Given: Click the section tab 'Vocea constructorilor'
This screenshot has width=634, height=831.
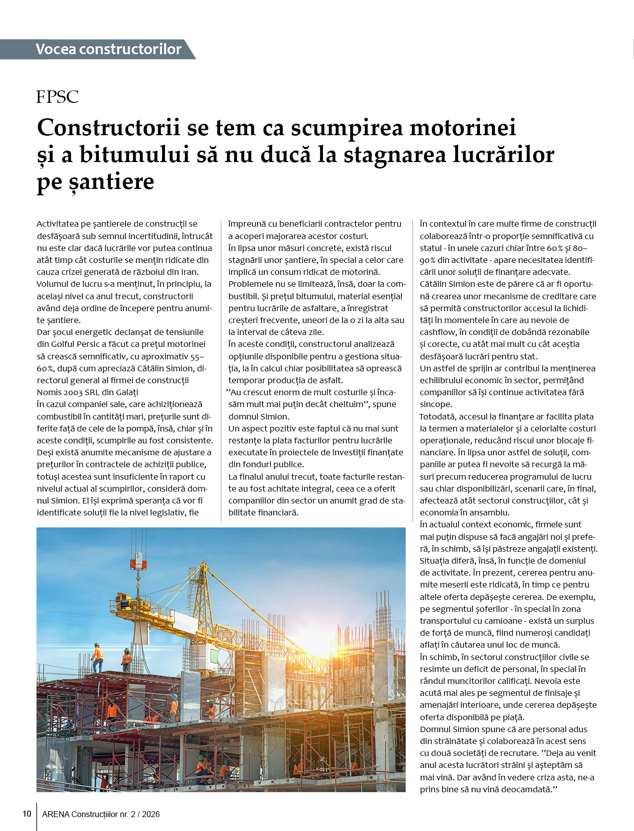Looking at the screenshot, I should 108,49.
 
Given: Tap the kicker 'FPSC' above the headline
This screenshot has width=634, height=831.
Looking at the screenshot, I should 57,96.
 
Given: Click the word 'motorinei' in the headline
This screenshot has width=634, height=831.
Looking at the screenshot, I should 463,128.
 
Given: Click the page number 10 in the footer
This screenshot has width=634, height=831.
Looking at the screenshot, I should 27,814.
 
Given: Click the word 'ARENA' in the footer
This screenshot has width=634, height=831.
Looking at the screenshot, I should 56,814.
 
